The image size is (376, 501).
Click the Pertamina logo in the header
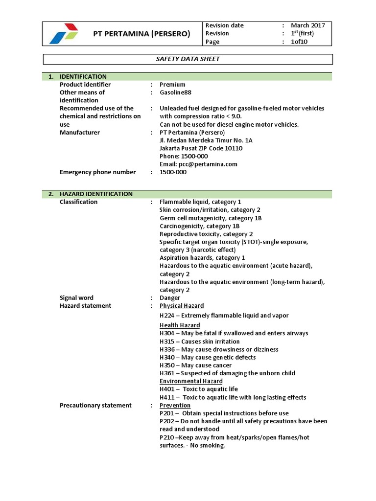64,33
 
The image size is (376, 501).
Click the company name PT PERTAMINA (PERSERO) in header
141,33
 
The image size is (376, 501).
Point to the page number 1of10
299,42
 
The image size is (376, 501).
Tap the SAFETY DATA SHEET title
188,59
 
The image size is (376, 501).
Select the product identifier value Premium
169,85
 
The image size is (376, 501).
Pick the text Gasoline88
175,92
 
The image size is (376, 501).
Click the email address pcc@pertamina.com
198,164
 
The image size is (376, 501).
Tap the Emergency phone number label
97,172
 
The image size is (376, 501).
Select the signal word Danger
170,298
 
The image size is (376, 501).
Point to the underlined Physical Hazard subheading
182,306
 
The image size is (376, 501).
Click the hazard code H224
167,316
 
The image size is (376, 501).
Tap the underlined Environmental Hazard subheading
191,381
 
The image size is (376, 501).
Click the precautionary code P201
167,413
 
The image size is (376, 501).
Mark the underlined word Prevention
175,406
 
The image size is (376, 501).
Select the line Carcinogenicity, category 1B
200,226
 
